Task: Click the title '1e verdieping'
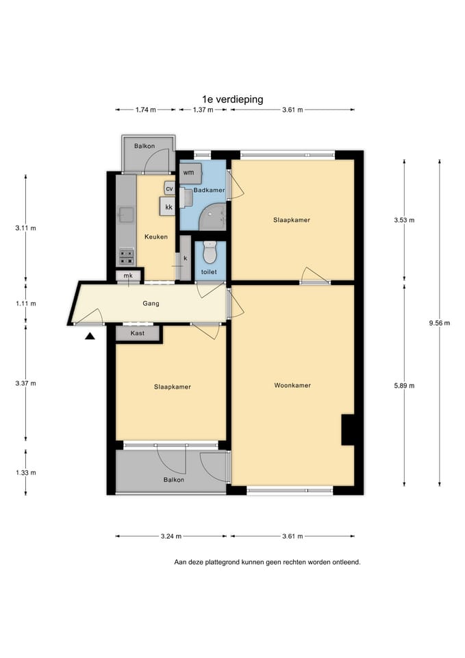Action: tap(233, 99)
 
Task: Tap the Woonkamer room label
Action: tap(292, 385)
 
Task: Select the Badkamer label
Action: tap(209, 190)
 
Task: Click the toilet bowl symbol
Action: tap(210, 253)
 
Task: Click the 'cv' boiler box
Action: tap(169, 189)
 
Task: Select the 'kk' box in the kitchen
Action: tap(168, 206)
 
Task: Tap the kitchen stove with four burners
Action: tap(127, 257)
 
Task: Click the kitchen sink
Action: tap(126, 215)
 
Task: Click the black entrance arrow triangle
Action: tap(90, 336)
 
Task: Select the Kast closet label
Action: tap(138, 333)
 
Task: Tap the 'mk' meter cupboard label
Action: tap(128, 276)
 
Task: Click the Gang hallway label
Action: tap(151, 304)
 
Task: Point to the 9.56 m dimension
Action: tap(440, 323)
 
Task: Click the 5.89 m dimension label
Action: tap(404, 386)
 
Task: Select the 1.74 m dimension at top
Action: tap(145, 110)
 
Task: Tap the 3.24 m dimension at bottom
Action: tap(171, 536)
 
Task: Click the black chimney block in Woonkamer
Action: tap(348, 430)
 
